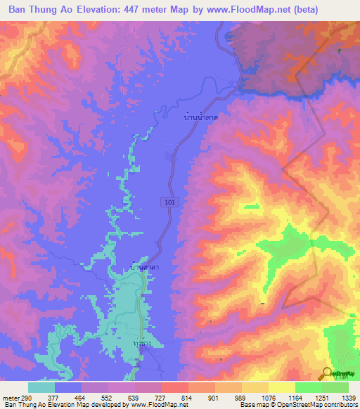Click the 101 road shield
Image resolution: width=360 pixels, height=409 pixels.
tap(174, 202)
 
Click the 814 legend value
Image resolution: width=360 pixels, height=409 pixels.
tap(186, 397)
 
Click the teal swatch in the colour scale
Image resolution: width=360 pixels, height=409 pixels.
tap(41, 387)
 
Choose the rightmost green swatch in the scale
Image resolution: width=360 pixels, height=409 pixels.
tap(335, 387)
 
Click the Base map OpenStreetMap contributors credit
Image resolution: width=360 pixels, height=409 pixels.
tap(298, 405)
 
